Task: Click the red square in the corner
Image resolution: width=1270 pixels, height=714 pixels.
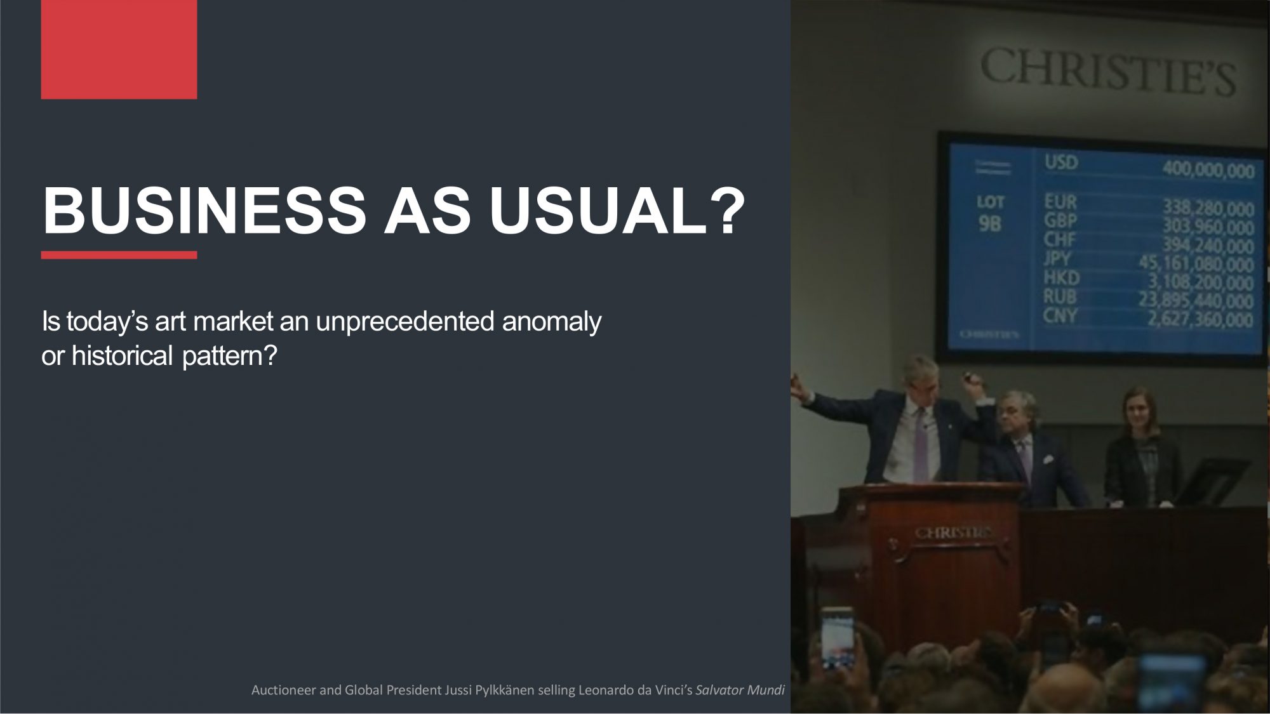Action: coord(119,50)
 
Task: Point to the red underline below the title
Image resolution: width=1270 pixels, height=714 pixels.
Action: coord(119,255)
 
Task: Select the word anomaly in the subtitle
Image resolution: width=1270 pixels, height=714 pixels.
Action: coord(551,322)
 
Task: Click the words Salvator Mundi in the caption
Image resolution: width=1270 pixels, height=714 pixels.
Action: coord(740,690)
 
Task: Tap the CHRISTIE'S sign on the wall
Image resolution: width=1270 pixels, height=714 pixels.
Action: coord(1108,71)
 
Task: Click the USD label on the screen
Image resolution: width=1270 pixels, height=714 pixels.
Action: coord(1062,162)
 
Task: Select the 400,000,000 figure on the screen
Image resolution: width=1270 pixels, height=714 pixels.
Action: coord(1208,170)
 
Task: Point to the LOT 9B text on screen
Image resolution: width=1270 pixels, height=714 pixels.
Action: coord(990,213)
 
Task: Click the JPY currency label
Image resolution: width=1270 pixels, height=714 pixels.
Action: coord(1057,259)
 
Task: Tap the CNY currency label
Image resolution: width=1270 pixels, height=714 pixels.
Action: coord(1060,315)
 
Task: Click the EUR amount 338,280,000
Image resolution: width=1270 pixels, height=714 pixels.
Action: coord(1208,208)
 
